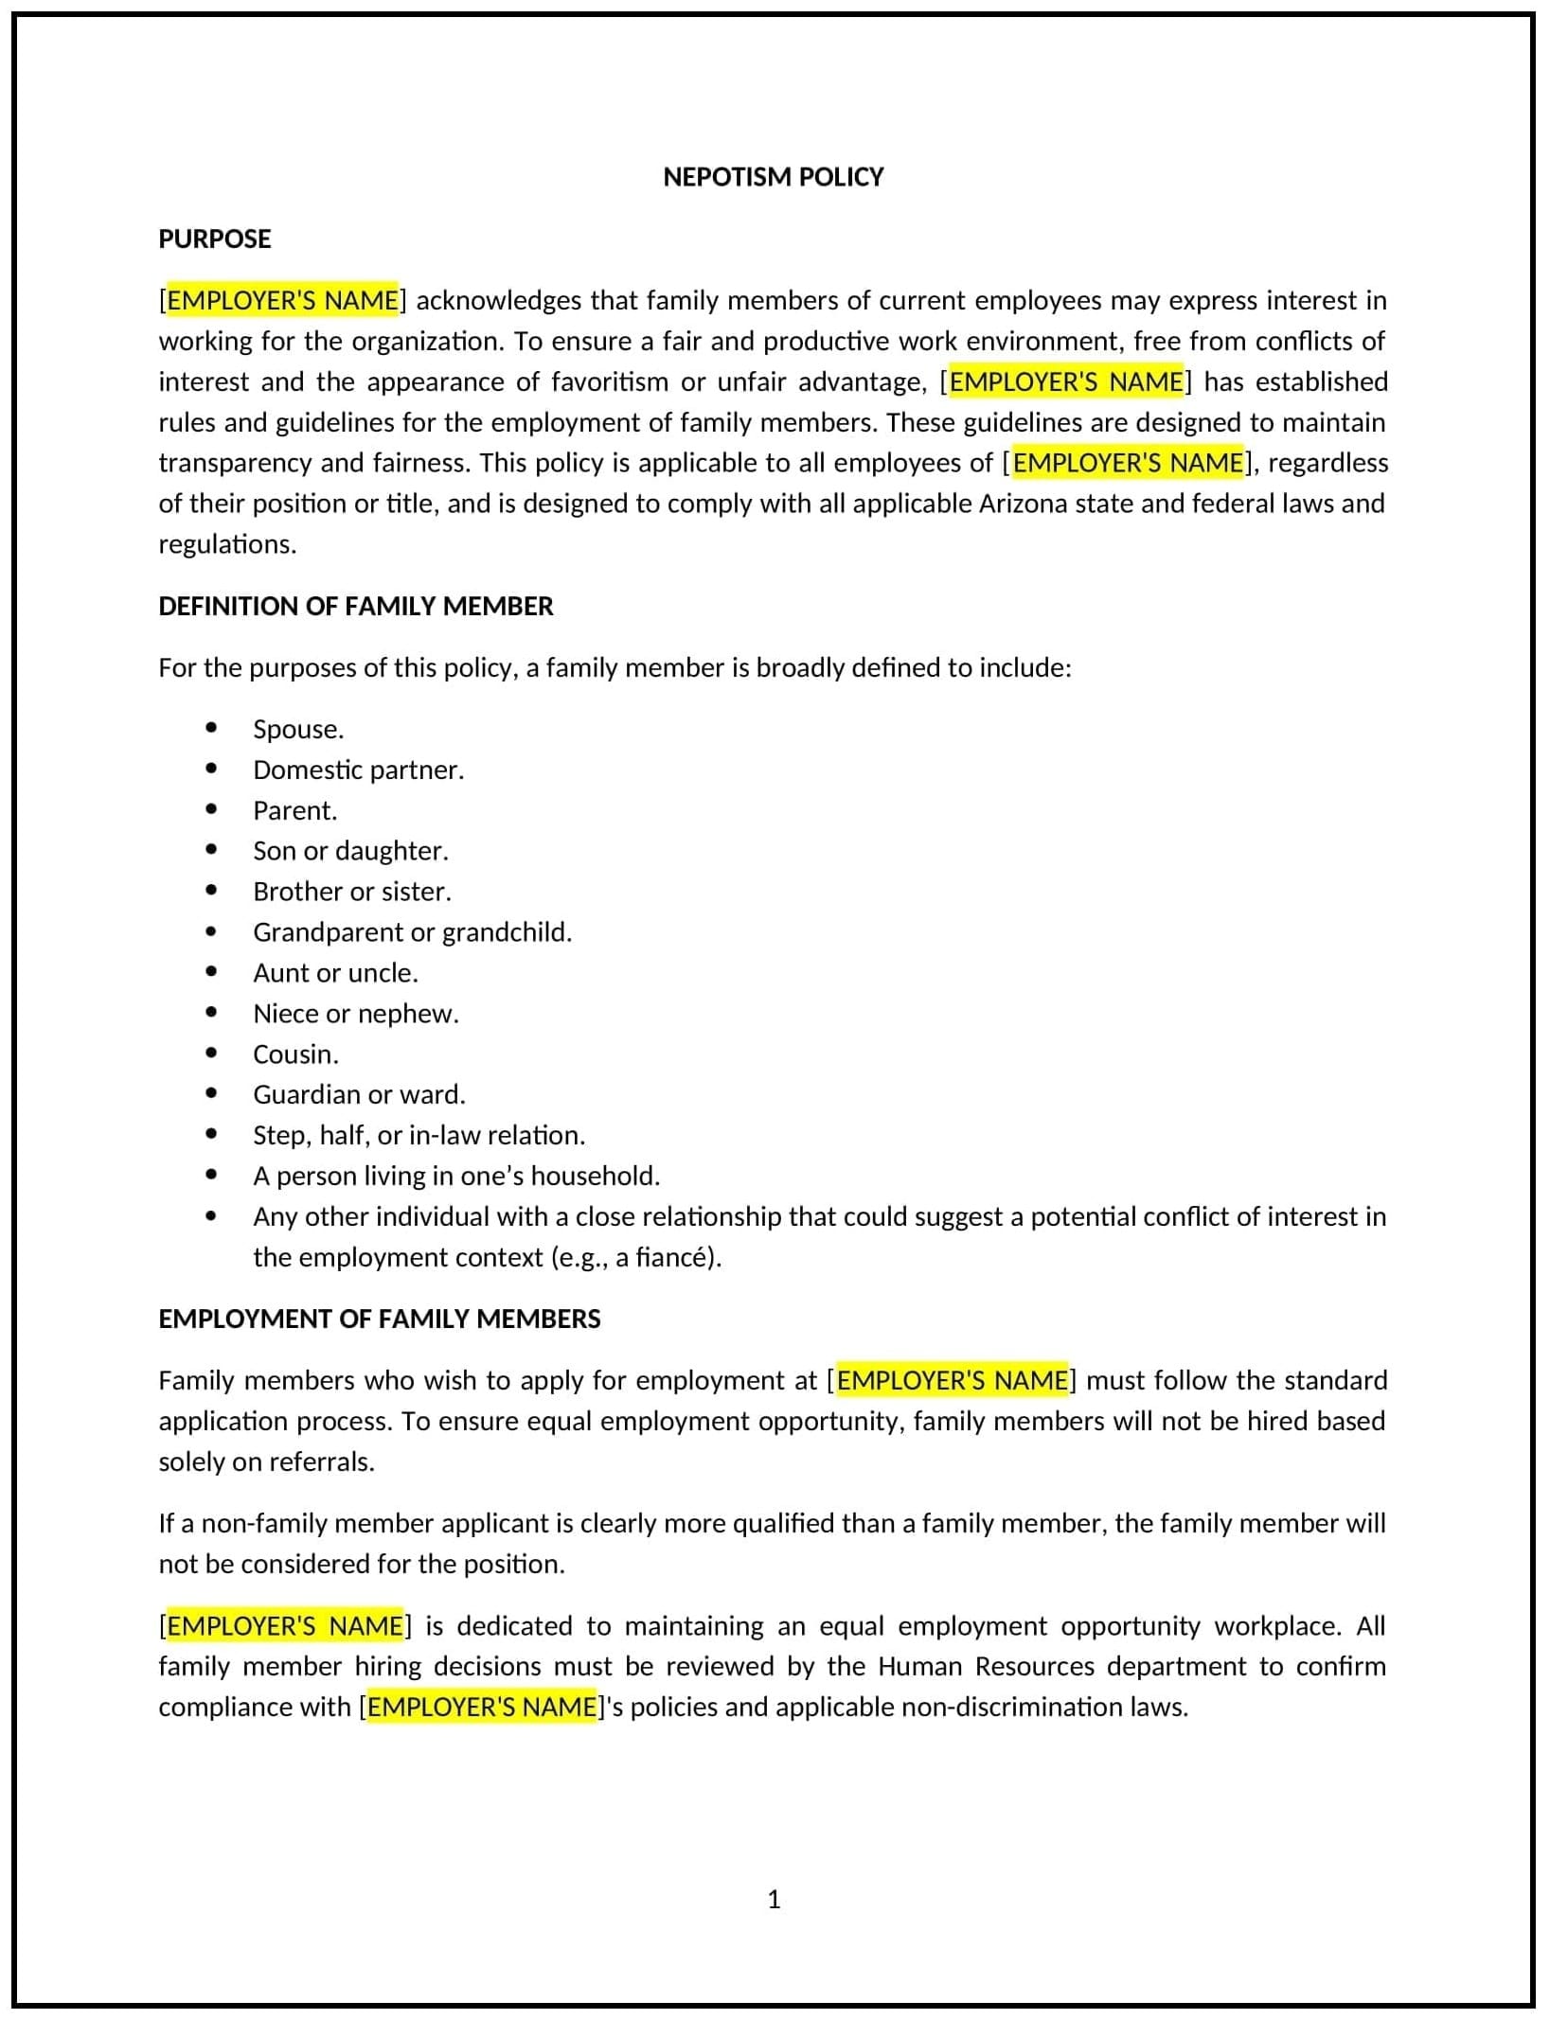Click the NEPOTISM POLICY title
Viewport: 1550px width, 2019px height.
click(x=773, y=177)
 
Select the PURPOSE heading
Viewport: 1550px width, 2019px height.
click(x=214, y=239)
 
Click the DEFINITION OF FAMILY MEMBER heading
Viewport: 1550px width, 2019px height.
click(x=355, y=606)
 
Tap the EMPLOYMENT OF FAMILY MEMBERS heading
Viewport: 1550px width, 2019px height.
click(x=379, y=1319)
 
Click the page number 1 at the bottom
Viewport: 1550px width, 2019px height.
click(x=774, y=1899)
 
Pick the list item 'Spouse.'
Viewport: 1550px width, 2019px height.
click(x=298, y=729)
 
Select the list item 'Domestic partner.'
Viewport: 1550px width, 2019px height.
click(x=358, y=770)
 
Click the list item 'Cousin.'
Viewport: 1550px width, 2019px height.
click(x=295, y=1054)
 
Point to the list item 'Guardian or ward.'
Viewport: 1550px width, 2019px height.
click(x=359, y=1094)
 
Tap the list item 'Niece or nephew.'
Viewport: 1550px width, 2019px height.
click(x=355, y=1013)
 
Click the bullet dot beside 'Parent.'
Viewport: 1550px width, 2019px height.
click(x=211, y=809)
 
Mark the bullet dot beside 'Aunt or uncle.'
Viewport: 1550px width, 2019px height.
click(x=211, y=972)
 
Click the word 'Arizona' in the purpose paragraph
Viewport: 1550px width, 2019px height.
click(x=1023, y=503)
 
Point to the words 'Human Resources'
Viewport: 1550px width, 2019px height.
click(x=986, y=1666)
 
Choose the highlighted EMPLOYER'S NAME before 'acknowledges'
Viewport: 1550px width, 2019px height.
click(x=282, y=300)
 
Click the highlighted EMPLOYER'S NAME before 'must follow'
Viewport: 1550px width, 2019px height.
click(x=952, y=1380)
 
